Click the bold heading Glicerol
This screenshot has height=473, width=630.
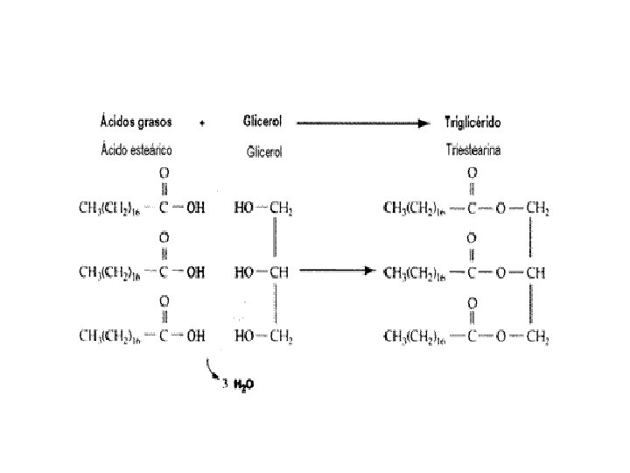click(267, 124)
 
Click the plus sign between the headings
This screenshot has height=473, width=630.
click(203, 124)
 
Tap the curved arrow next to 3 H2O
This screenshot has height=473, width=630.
click(212, 370)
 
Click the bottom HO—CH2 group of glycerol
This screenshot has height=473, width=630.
click(262, 335)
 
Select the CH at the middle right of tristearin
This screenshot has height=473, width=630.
click(535, 272)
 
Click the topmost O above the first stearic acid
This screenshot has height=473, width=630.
click(164, 173)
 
